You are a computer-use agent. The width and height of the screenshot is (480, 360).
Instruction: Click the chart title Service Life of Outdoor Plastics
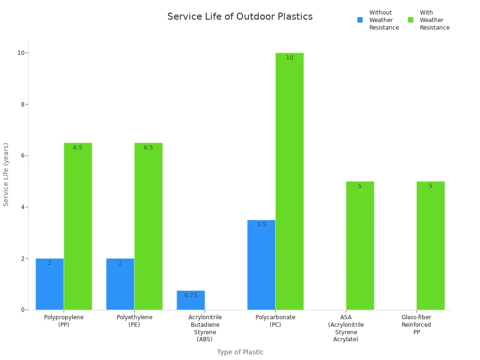coord(240,17)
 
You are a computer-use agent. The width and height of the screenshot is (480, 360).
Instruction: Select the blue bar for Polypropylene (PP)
coord(50,284)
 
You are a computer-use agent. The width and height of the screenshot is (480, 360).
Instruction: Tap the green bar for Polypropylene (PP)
coord(78,226)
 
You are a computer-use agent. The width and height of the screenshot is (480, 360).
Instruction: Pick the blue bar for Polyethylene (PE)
coord(120,284)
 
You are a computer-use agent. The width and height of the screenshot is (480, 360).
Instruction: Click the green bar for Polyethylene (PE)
coord(149,226)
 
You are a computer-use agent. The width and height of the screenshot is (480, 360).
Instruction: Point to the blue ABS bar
coord(191,300)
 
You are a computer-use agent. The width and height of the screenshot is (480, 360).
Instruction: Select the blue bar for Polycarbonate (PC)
coord(261,265)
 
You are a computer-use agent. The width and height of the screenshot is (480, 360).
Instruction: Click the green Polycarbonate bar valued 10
coord(289,181)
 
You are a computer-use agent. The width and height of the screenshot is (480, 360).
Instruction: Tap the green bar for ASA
coord(360,246)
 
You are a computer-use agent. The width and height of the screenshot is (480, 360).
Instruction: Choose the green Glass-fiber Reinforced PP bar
coord(430,246)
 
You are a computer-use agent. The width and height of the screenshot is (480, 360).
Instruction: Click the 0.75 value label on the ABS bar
coord(191,295)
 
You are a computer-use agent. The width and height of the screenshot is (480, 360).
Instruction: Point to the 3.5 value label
coord(261,225)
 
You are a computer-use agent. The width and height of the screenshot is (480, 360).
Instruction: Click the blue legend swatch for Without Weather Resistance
coord(360,20)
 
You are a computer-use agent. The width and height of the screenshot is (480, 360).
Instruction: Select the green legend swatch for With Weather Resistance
coord(411,20)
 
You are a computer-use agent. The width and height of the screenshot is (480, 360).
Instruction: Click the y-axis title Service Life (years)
coord(6,174)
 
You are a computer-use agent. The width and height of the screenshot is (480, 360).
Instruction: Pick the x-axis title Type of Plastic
coord(240,352)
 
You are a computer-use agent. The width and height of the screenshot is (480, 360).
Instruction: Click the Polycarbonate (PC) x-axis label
coord(275,321)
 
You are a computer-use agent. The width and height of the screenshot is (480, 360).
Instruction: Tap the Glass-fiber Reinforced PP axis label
coord(416,324)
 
